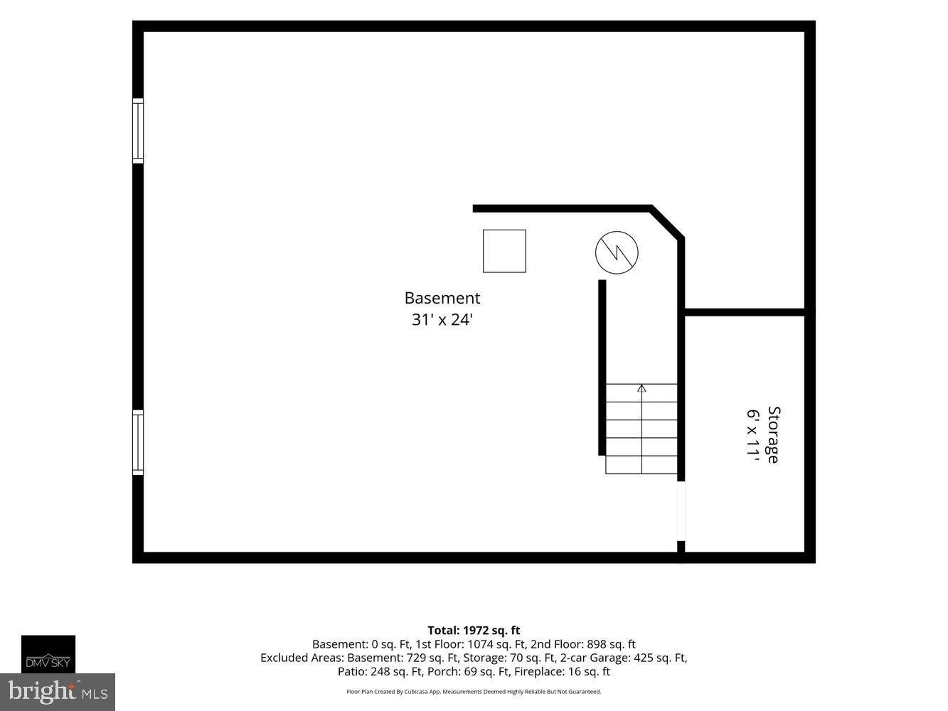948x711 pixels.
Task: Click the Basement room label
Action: [x=442, y=298]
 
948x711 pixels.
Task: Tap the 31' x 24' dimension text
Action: [x=442, y=319]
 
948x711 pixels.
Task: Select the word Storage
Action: [x=773, y=434]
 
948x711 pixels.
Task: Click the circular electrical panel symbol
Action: [x=617, y=252]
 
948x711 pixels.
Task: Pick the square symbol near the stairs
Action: [x=504, y=251]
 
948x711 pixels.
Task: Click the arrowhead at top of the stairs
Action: [x=641, y=388]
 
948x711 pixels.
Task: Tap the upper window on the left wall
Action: [x=138, y=131]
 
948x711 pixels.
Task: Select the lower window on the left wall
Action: [x=138, y=442]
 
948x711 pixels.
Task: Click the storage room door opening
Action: [x=681, y=510]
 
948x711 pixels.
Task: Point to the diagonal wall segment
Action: [x=667, y=222]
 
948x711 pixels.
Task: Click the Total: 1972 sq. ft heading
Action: [x=474, y=630]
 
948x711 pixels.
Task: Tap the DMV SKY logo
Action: [x=48, y=654]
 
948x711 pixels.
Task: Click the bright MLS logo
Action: [x=58, y=692]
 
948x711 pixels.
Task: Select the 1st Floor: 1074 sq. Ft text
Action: [x=471, y=644]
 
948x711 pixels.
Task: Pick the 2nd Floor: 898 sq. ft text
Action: [x=583, y=644]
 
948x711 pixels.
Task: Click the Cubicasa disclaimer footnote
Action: [x=474, y=692]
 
